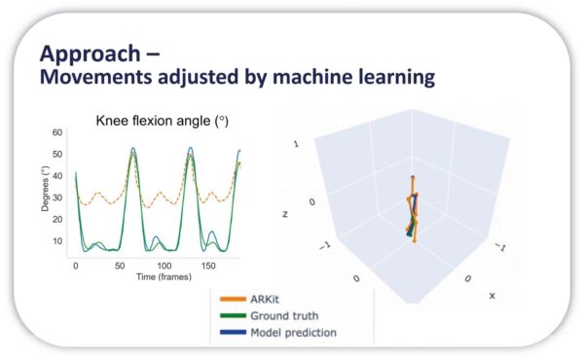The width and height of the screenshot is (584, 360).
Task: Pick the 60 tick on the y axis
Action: pyautogui.click(x=56, y=131)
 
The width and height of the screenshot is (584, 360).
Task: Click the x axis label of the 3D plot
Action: pyautogui.click(x=493, y=295)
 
